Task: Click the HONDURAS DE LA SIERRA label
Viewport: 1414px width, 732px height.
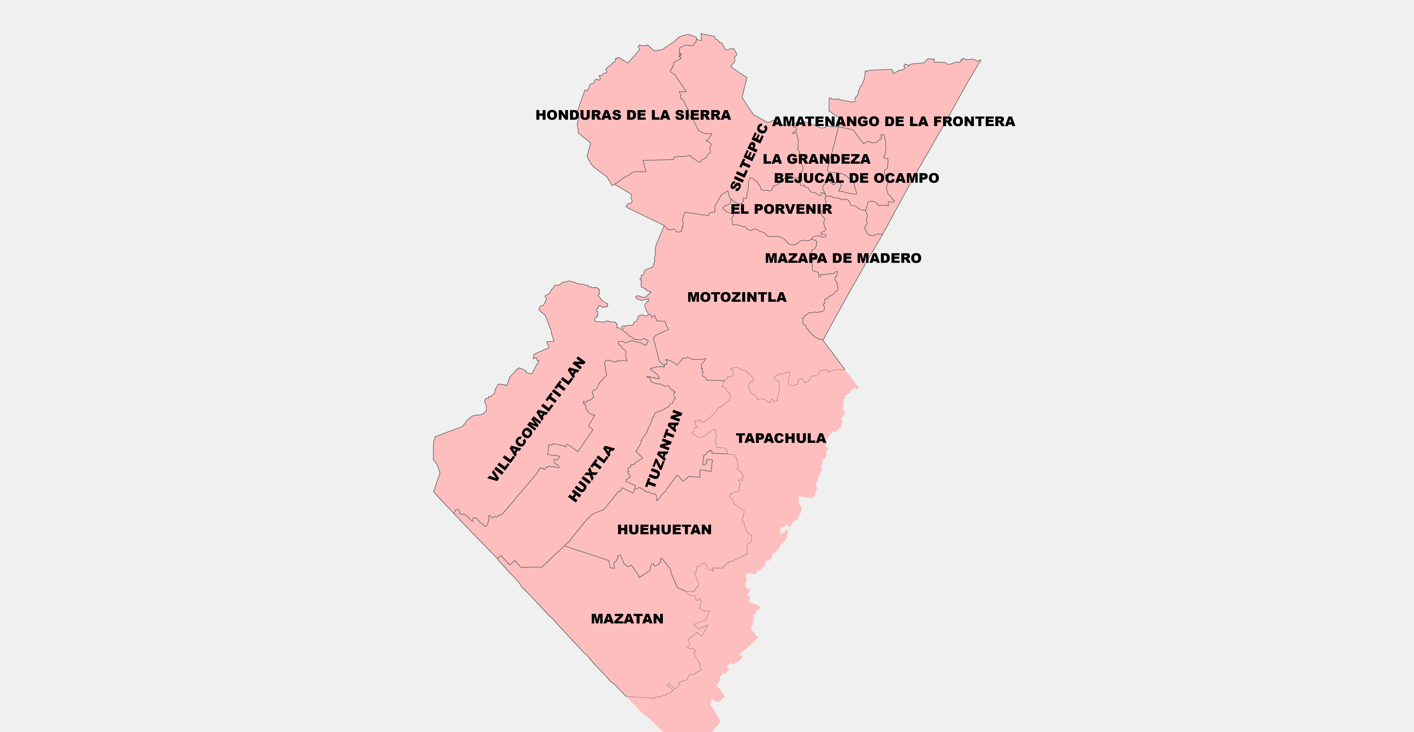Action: [633, 115]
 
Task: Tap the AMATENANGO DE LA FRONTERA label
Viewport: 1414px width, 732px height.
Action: [893, 121]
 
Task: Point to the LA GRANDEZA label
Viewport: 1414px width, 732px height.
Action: [816, 159]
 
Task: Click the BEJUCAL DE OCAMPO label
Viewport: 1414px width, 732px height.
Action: [856, 178]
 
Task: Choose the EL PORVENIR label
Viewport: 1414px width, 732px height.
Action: [781, 209]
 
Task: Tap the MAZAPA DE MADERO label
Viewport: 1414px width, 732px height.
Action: [843, 258]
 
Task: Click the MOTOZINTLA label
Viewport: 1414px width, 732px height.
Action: [737, 297]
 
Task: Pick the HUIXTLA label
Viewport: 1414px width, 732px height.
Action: [591, 474]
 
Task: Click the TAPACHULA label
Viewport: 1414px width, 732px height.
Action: [781, 438]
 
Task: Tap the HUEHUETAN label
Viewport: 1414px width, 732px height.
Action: [664, 530]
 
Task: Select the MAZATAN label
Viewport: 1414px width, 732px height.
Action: [627, 619]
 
